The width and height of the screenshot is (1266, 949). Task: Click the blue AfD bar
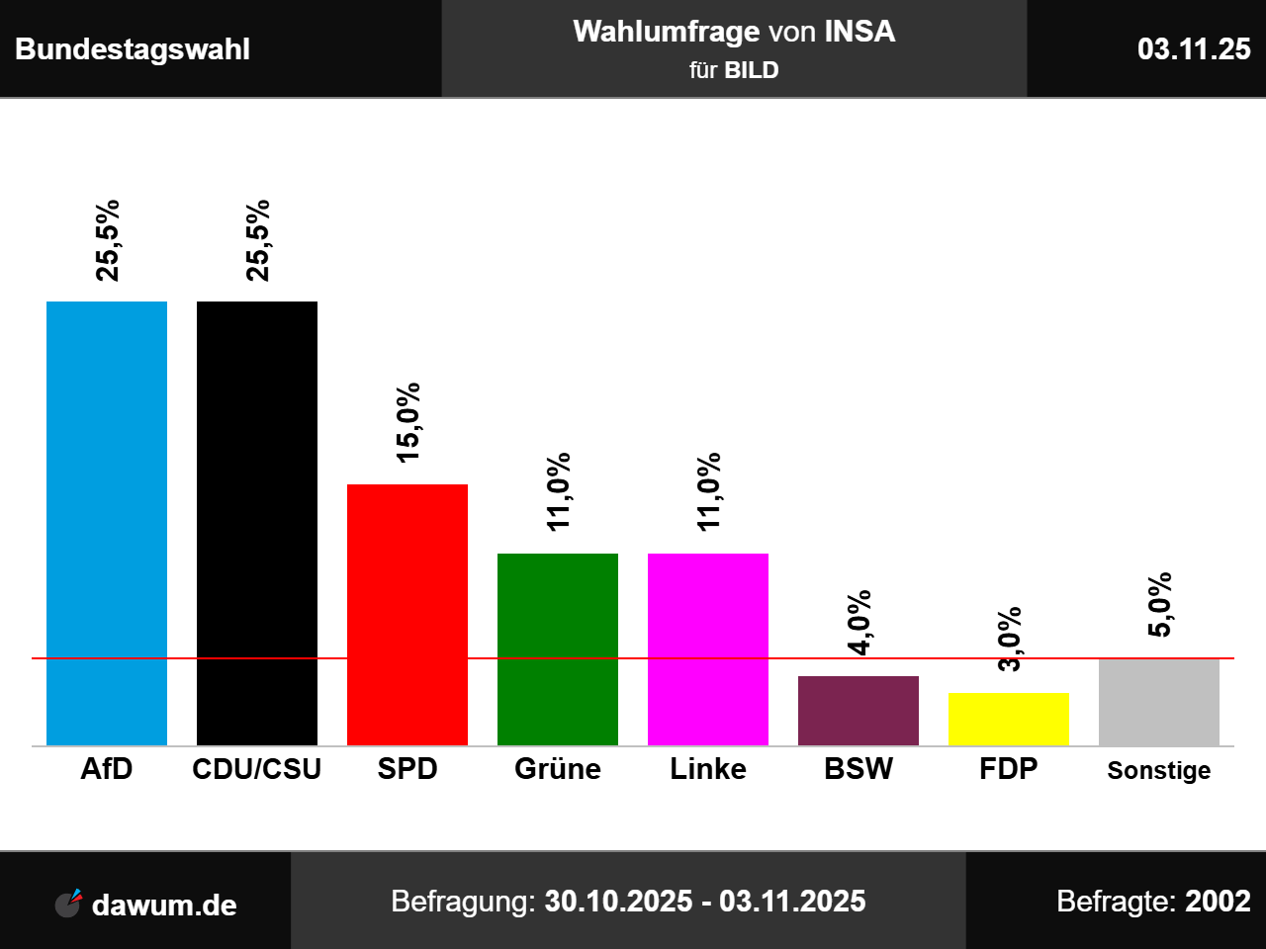(x=107, y=523)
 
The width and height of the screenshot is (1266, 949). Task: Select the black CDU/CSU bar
(x=257, y=523)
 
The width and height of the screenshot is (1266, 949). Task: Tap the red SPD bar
(x=407, y=614)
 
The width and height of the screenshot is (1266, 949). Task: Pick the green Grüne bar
(x=558, y=648)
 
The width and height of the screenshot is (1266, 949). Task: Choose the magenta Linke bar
(x=708, y=648)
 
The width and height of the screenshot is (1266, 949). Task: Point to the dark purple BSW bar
(x=859, y=710)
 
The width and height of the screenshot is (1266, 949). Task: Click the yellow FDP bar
(x=1009, y=719)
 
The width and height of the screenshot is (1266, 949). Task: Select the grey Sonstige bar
(x=1159, y=702)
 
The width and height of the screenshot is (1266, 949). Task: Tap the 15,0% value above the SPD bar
(x=407, y=422)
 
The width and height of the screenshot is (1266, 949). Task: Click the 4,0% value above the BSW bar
(x=859, y=622)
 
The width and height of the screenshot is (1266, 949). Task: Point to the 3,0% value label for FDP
(x=1009, y=640)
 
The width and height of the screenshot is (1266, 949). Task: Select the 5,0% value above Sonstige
(x=1159, y=604)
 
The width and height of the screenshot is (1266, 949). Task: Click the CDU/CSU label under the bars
(x=257, y=769)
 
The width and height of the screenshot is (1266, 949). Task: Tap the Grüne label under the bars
(x=558, y=769)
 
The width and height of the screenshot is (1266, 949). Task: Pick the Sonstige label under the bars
(x=1159, y=771)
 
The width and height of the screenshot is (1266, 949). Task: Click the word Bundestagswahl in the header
(x=133, y=49)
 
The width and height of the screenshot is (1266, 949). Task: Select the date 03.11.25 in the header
(x=1194, y=49)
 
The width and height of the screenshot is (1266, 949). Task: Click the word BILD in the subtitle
(x=752, y=70)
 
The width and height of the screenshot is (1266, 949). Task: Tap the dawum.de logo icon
(x=68, y=903)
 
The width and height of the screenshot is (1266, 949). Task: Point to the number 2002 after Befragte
(x=1218, y=902)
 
